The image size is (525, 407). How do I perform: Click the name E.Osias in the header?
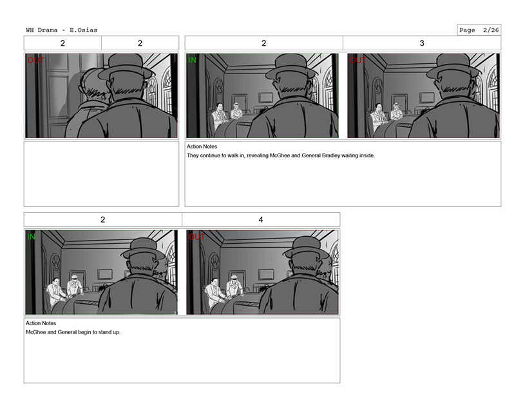pyautogui.click(x=83, y=30)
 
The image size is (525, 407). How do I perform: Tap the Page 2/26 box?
pyautogui.click(x=479, y=30)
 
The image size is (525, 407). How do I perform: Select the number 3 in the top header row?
pyautogui.click(x=422, y=43)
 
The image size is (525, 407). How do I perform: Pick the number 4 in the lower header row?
pyautogui.click(x=261, y=219)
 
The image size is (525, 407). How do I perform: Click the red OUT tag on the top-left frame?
pyautogui.click(x=36, y=60)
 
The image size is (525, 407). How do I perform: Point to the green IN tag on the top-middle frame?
pyautogui.click(x=193, y=60)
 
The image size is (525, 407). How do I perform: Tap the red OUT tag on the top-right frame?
pyautogui.click(x=358, y=60)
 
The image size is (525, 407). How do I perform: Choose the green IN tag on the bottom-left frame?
pyautogui.click(x=32, y=237)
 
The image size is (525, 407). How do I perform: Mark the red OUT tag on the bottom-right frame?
pyautogui.click(x=197, y=237)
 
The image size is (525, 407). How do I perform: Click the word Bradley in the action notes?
pyautogui.click(x=331, y=155)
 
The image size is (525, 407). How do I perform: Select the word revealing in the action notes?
pyautogui.click(x=258, y=155)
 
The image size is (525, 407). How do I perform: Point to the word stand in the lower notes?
pyautogui.click(x=104, y=332)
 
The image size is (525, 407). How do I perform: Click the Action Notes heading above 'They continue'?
pyautogui.click(x=202, y=146)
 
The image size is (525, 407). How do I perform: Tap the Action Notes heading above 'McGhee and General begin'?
pyautogui.click(x=41, y=323)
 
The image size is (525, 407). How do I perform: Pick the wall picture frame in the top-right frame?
pyautogui.click(x=427, y=98)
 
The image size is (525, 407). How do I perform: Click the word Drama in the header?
pyautogui.click(x=48, y=30)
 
